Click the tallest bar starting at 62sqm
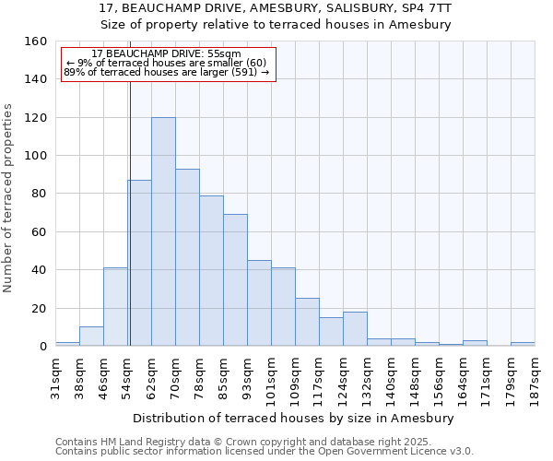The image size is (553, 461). tap(163, 231)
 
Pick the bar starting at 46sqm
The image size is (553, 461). tap(115, 307)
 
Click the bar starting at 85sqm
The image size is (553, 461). tap(235, 280)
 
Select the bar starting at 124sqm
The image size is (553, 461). tap(355, 329)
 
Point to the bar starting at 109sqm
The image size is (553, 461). tap(307, 322)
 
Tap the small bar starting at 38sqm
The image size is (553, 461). tap(91, 337)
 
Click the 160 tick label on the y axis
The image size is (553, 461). tap(36, 41)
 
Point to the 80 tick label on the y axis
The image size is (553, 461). tap(40, 194)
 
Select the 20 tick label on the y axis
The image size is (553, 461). tap(40, 309)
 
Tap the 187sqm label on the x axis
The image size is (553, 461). tap(535, 379)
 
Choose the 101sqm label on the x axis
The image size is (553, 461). tap(271, 379)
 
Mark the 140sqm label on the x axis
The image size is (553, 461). tap(391, 379)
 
